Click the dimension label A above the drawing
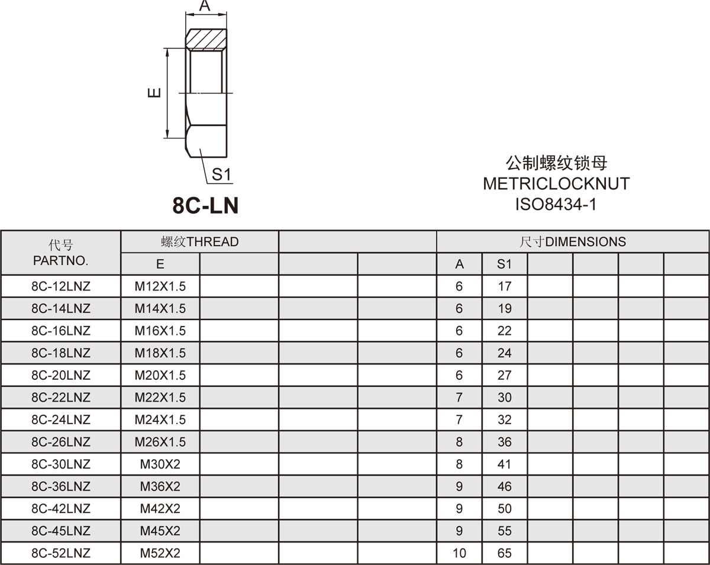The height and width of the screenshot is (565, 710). [x=205, y=5]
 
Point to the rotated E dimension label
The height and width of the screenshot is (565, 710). [x=154, y=93]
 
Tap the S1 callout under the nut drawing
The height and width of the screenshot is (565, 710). [x=221, y=175]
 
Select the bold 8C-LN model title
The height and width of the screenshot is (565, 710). [x=205, y=206]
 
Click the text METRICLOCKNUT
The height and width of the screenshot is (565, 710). [x=556, y=184]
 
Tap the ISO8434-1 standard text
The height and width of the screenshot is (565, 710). [x=556, y=204]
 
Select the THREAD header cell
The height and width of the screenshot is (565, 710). [x=199, y=242]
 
